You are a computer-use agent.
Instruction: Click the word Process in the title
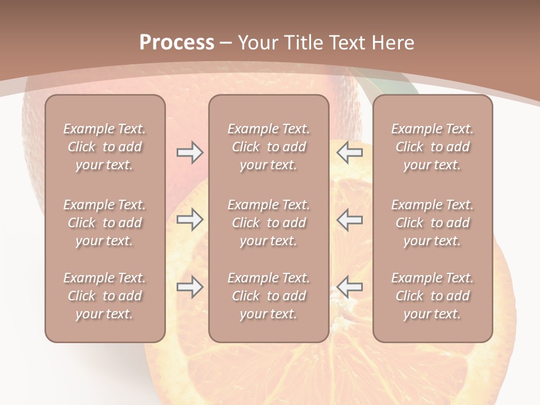(x=177, y=43)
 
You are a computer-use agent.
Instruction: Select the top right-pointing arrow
(x=190, y=152)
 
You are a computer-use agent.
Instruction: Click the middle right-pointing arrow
(x=190, y=219)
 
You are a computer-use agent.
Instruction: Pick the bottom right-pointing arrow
(x=190, y=287)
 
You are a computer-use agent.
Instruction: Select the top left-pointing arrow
(x=349, y=152)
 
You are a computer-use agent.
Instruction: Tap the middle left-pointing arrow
(x=349, y=219)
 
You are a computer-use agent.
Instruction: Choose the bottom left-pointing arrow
(x=349, y=287)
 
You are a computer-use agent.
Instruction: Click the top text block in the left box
(x=105, y=147)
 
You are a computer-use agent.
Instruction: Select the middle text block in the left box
(x=105, y=223)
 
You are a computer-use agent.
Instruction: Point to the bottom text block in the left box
(x=105, y=296)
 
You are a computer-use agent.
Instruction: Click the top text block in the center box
(x=269, y=147)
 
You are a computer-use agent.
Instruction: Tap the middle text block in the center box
(x=269, y=223)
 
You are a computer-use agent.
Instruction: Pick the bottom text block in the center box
(x=269, y=296)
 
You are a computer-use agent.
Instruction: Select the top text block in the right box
(x=433, y=147)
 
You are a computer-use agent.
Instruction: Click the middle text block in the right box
(x=433, y=223)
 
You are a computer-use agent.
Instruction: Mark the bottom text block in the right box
(x=433, y=296)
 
